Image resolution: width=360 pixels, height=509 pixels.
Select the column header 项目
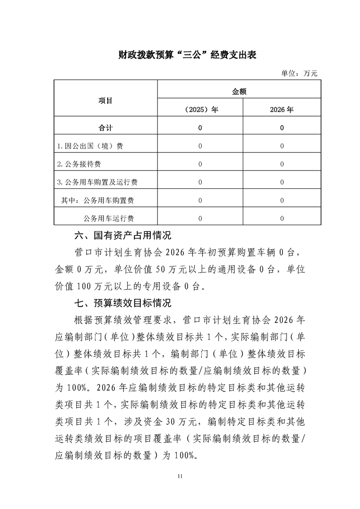click(105, 100)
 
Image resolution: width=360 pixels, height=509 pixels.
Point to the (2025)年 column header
click(200, 110)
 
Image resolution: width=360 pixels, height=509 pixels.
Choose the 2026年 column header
click(282, 110)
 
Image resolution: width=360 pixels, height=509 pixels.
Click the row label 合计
click(105, 128)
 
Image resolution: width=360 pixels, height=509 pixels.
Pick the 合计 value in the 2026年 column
click(282, 128)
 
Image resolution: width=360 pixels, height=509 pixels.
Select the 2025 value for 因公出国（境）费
click(200, 146)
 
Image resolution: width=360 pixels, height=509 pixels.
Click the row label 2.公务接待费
click(82, 164)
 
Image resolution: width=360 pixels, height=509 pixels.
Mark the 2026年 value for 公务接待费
click(282, 164)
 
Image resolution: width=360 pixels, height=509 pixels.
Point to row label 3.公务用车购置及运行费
click(97, 182)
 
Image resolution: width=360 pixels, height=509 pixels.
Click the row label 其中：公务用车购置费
click(100, 200)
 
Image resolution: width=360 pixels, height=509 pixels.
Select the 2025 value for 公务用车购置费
click(200, 200)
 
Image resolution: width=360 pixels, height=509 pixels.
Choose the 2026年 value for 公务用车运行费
click(282, 218)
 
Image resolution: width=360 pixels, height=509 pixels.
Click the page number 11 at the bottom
click(180, 476)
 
